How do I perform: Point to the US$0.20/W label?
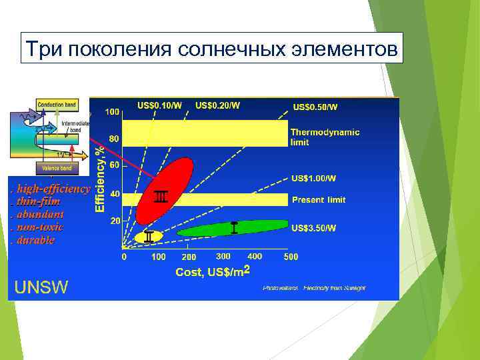point(218,105)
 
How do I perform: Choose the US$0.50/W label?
point(315,107)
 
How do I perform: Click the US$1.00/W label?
point(313,179)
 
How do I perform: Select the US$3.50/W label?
point(313,228)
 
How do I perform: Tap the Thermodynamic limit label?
point(325,137)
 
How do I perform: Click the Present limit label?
point(319,200)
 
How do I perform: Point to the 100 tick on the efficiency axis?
point(112,111)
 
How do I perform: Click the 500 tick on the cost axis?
point(291,257)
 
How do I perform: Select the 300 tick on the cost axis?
point(223,256)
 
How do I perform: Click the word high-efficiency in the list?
point(53,189)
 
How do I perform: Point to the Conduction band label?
point(57,105)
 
